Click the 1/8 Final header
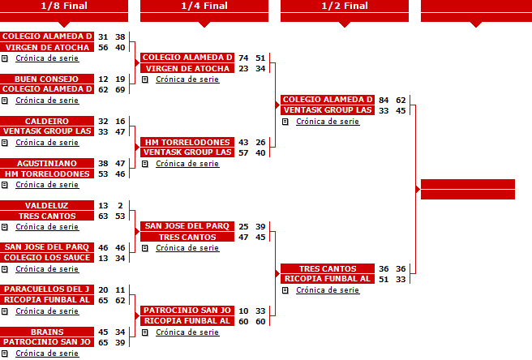[64, 6]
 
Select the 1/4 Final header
[204, 6]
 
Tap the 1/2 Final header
[345, 6]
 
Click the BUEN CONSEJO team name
[47, 79]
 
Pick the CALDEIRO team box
[47, 121]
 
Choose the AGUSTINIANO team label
[47, 163]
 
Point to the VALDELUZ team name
[47, 205]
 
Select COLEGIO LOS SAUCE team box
[47, 258]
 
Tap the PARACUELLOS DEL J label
[47, 289]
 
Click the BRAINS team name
[47, 332]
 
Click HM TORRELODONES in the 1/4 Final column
[187, 142]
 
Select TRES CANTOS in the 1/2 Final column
[328, 268]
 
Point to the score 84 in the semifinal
[384, 100]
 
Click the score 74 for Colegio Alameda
[243, 58]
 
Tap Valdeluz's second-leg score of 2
[121, 206]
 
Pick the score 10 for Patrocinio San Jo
[243, 311]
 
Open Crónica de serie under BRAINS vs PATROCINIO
[47, 354]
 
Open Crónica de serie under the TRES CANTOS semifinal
[328, 290]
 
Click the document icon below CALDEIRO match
[4, 143]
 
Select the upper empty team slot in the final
[468, 184]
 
